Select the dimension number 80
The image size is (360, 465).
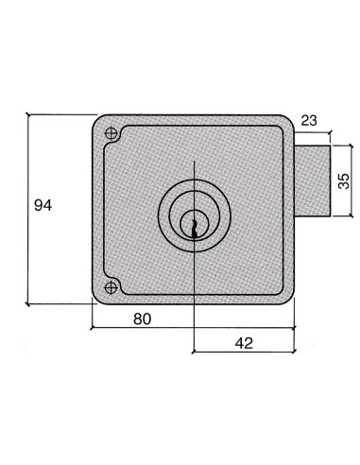pos(141,319)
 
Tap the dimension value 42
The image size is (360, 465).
pos(243,343)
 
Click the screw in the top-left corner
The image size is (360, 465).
pos(111,133)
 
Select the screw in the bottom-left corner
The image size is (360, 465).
pos(111,285)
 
